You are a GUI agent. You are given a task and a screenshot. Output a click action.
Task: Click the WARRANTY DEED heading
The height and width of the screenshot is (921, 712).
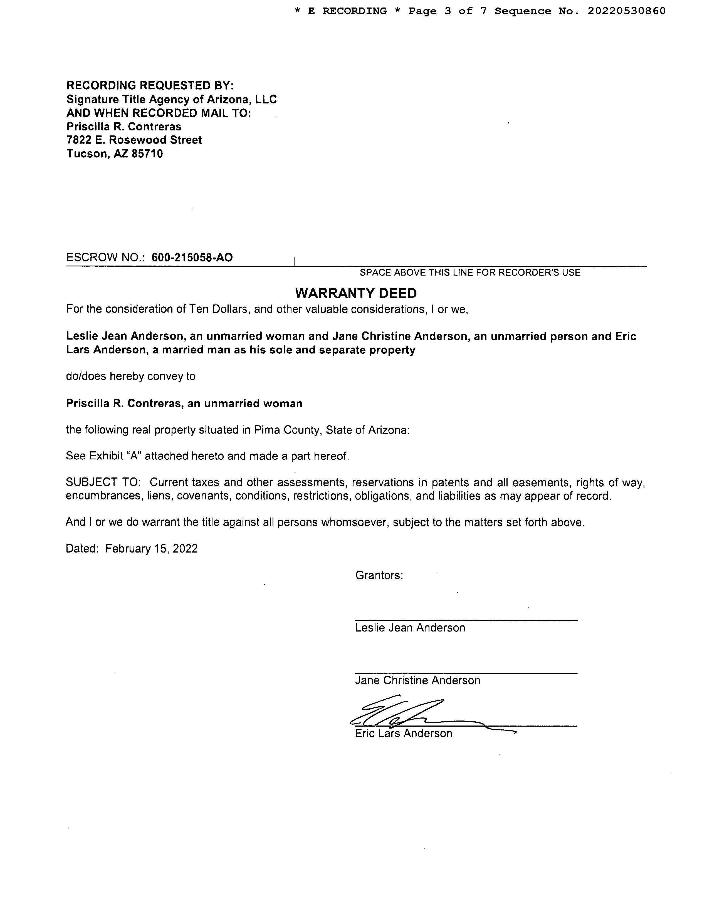coord(355,293)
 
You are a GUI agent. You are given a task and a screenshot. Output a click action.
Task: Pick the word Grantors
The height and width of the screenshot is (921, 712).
coord(379,575)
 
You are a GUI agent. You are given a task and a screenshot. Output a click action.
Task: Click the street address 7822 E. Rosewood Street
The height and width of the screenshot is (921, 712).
coord(134,140)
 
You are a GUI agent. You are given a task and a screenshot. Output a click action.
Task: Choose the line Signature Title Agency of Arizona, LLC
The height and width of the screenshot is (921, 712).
coord(171,100)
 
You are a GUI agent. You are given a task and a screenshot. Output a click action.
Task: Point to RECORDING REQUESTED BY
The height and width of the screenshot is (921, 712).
coord(150,86)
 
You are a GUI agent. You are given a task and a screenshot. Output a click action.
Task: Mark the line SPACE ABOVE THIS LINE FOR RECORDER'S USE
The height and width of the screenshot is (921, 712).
coord(470,273)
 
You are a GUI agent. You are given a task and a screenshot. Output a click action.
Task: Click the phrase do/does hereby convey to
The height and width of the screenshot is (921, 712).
coord(131,376)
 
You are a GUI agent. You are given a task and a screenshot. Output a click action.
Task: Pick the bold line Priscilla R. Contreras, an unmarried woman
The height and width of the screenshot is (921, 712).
coord(184,403)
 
